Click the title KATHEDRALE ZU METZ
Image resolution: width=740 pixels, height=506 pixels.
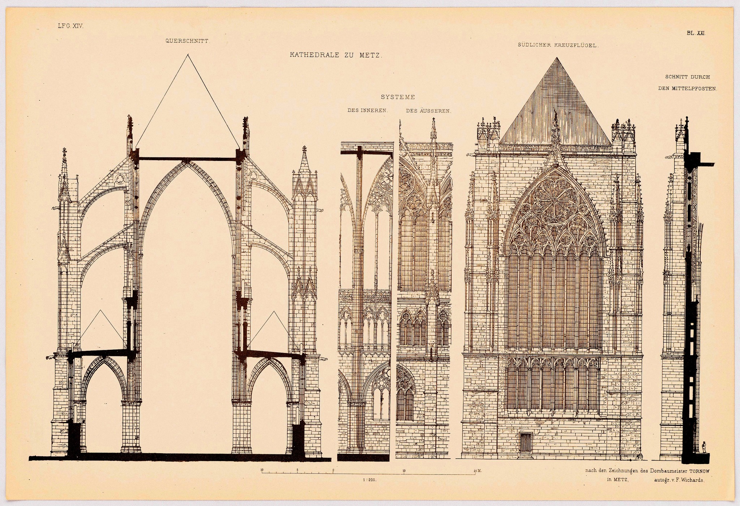coord(336,55)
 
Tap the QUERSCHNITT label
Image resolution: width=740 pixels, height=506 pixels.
coord(187,41)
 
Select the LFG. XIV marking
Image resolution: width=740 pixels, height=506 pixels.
coord(70,26)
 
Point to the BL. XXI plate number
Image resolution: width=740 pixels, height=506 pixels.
coord(696,33)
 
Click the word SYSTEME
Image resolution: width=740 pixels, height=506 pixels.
coord(397,97)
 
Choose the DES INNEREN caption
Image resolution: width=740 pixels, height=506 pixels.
coord(367,111)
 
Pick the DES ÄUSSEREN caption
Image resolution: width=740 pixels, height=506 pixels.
coord(429,111)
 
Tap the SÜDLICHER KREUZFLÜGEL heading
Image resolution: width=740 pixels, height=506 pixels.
coord(558,46)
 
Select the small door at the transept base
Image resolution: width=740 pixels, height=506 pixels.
coord(526,442)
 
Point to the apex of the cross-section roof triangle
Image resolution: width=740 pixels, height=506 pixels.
coord(188,55)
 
